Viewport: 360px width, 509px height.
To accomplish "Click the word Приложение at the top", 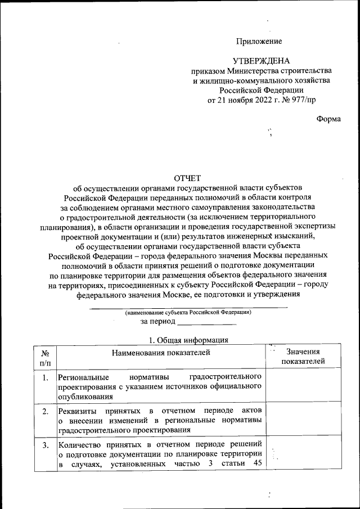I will (x=259, y=41).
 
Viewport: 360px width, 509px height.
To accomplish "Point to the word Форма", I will (x=328, y=119).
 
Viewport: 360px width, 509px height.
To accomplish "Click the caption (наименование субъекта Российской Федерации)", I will (x=188, y=312).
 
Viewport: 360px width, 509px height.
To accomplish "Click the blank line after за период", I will (x=206, y=323).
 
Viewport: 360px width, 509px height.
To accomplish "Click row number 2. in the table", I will (x=44, y=412).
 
